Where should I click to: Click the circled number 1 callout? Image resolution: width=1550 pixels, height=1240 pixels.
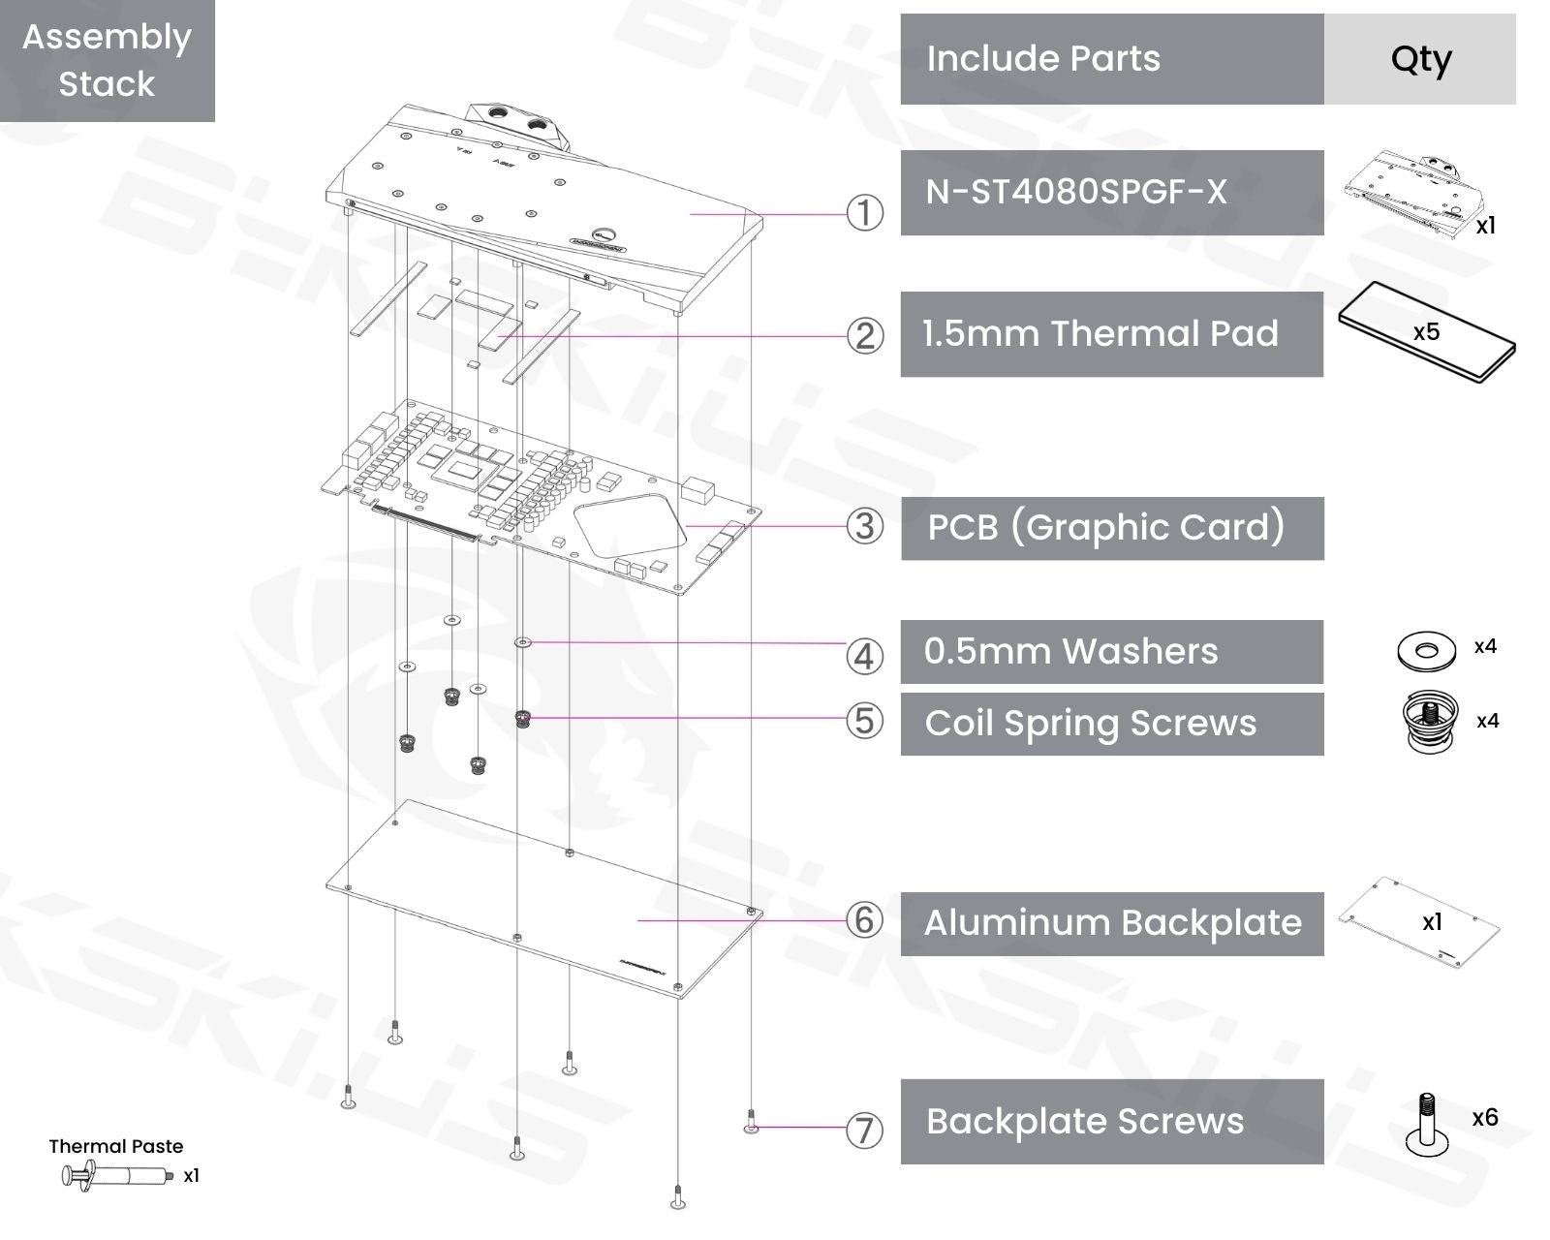click(864, 213)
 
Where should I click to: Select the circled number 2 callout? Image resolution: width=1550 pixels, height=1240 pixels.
click(864, 336)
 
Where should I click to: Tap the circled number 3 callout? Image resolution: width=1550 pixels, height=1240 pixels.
click(864, 526)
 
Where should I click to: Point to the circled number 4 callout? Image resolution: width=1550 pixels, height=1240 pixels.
click(864, 656)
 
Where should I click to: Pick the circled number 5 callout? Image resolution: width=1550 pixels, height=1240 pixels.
click(864, 721)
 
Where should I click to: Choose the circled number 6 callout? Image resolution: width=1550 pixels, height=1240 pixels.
click(864, 919)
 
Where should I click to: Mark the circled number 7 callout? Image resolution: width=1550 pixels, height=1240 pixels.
click(864, 1130)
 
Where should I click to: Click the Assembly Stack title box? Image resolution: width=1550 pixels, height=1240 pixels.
click(107, 60)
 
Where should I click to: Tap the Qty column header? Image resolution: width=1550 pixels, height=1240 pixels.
click(1420, 59)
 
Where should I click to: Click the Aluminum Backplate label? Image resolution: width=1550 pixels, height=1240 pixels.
click(1111, 923)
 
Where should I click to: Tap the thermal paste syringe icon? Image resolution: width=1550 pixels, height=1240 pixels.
click(114, 1176)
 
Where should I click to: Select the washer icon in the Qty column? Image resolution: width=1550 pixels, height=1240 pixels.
click(1426, 651)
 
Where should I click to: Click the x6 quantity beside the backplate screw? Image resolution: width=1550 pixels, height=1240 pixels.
click(1484, 1118)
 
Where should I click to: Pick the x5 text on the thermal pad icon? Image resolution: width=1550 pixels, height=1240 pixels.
click(1426, 332)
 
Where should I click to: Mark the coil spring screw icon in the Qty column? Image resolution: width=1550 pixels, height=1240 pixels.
click(1430, 721)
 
